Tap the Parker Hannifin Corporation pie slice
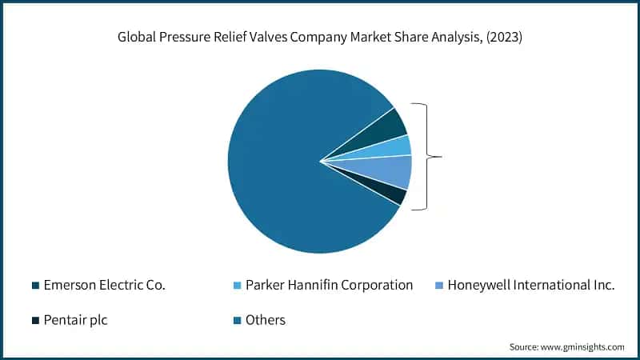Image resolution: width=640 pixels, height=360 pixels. pyautogui.click(x=396, y=146)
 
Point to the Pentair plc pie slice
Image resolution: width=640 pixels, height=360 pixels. pyautogui.click(x=392, y=193)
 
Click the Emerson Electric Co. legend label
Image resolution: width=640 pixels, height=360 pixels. pyautogui.click(x=104, y=285)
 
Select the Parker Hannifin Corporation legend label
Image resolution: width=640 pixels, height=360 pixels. pyautogui.click(x=329, y=285)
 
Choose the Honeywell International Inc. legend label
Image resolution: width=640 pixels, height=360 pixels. pyautogui.click(x=531, y=285)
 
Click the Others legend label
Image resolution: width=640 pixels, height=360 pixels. pyautogui.click(x=266, y=320)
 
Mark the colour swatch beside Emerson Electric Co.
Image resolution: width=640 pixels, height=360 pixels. pyautogui.click(x=34, y=286)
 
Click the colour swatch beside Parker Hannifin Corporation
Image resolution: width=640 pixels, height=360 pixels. pyautogui.click(x=236, y=286)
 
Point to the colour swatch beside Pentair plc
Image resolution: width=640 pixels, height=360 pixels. pyautogui.click(x=34, y=321)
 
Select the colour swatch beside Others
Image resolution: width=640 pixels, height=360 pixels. pyautogui.click(x=236, y=321)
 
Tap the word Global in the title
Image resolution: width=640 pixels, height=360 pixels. pyautogui.click(x=137, y=38)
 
